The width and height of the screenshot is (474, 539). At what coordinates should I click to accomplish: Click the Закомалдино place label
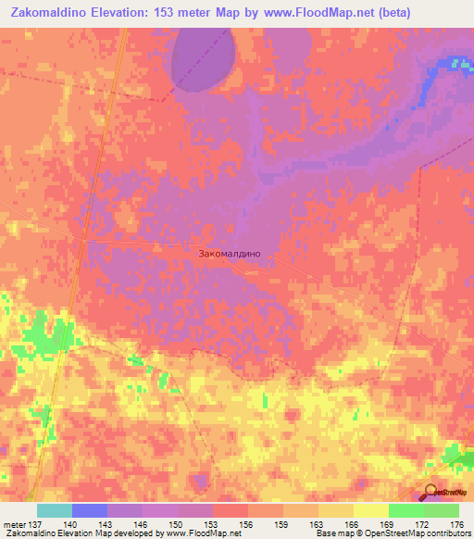pyautogui.click(x=236, y=252)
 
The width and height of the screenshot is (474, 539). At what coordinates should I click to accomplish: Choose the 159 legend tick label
pyautogui.click(x=281, y=524)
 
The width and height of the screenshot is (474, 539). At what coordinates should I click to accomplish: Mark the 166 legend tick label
pyautogui.click(x=353, y=524)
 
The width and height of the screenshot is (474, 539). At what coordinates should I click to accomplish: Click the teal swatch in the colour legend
pyautogui.click(x=55, y=510)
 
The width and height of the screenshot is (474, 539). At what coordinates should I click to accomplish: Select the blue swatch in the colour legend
pyautogui.click(x=90, y=510)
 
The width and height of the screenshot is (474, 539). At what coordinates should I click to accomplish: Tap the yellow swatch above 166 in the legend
pyautogui.click(x=335, y=510)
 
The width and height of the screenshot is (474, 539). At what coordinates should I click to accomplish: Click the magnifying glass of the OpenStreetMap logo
pyautogui.click(x=431, y=492)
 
